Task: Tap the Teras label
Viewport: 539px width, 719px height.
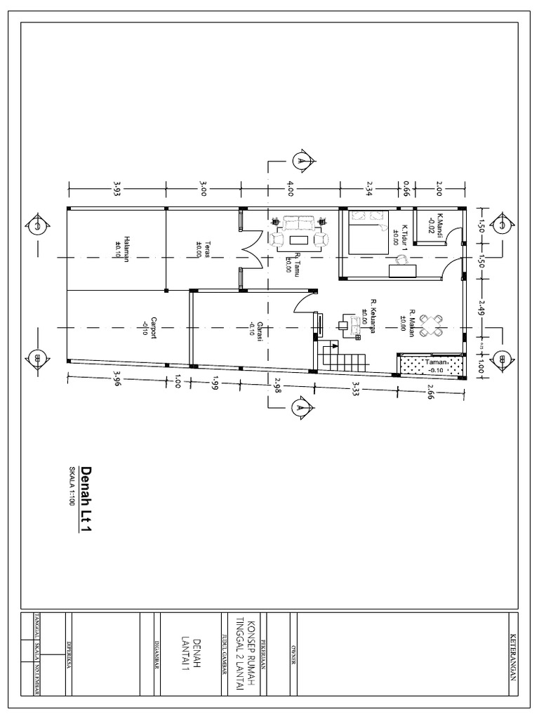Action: pos(200,250)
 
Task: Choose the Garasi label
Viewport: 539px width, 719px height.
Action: pos(255,328)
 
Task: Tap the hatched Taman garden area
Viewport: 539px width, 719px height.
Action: pos(431,364)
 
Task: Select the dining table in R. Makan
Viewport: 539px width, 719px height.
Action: pos(428,325)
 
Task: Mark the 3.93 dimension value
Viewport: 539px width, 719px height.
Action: pos(117,188)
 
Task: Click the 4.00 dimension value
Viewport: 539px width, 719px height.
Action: pos(291,188)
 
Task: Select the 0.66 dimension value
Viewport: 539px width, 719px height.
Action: pos(406,187)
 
